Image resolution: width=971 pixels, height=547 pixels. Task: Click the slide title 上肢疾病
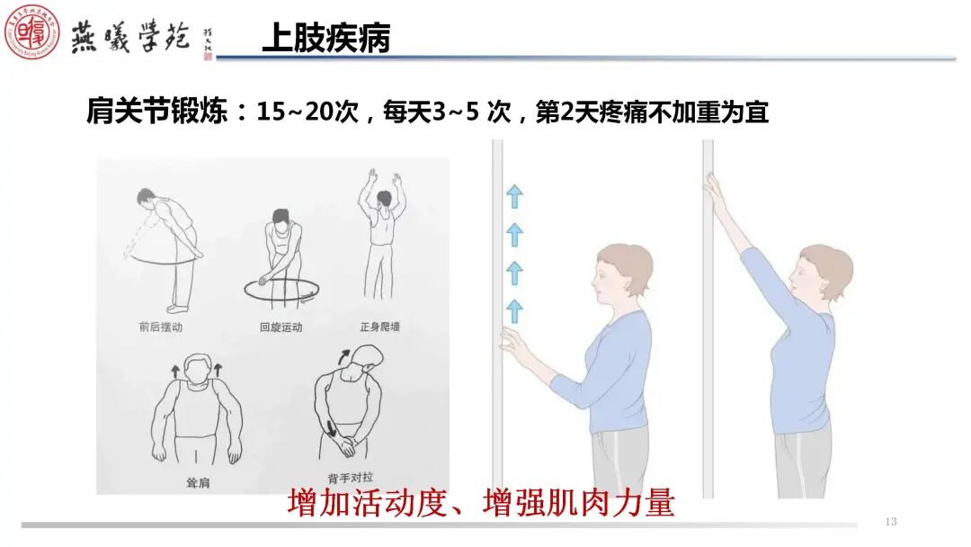click(325, 39)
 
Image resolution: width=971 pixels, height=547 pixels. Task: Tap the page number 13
click(891, 522)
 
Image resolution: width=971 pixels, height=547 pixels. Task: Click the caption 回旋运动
click(281, 327)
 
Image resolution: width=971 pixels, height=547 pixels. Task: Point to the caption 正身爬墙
click(380, 327)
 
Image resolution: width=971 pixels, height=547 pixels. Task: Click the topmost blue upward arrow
click(514, 196)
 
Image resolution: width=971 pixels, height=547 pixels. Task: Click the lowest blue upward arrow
click(514, 310)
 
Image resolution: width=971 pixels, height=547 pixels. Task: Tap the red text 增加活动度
click(367, 503)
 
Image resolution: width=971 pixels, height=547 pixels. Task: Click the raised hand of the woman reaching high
click(716, 190)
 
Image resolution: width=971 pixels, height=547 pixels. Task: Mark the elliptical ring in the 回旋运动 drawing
click(281, 291)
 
